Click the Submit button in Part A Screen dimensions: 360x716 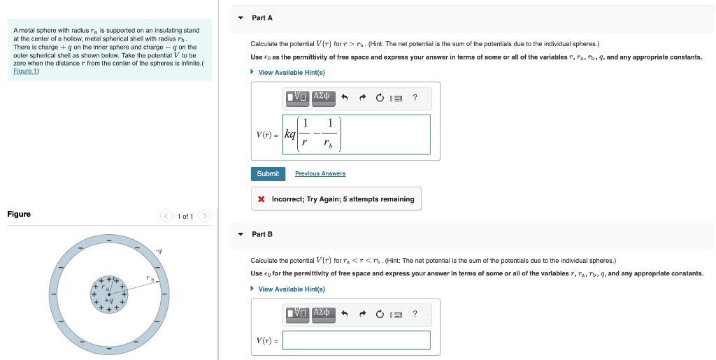(268, 173)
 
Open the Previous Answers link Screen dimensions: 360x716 (320, 173)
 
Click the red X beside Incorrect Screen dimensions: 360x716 (261, 199)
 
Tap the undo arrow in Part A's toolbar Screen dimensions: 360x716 (345, 98)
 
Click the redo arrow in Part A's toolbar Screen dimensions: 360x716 (362, 98)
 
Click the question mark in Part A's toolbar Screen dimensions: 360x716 (415, 98)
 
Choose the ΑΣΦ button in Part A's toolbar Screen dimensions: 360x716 (323, 97)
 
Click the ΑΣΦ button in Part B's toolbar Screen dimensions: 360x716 (323, 314)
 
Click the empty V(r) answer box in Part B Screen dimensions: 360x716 (357, 340)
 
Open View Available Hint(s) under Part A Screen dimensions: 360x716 (292, 73)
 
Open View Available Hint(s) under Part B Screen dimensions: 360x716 (292, 289)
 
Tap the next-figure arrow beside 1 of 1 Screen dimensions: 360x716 (205, 216)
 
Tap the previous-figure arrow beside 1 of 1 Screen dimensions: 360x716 (166, 216)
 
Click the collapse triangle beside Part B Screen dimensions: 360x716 (241, 234)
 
